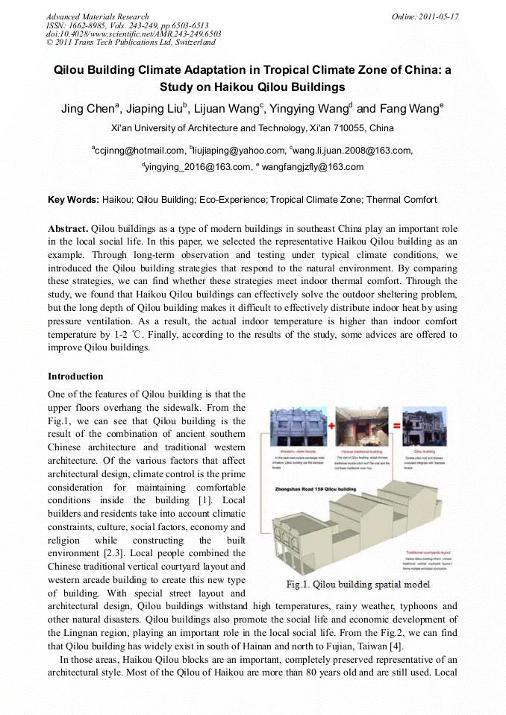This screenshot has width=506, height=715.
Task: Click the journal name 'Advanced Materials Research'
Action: click(x=97, y=16)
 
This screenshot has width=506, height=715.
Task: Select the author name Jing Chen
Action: click(x=87, y=109)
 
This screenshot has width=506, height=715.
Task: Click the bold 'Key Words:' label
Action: click(x=73, y=200)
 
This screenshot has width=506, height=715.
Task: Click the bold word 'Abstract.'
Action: click(x=69, y=229)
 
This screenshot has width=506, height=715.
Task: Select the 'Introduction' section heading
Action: click(x=75, y=377)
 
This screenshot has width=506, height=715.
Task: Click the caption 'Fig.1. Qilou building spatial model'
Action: click(x=358, y=584)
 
